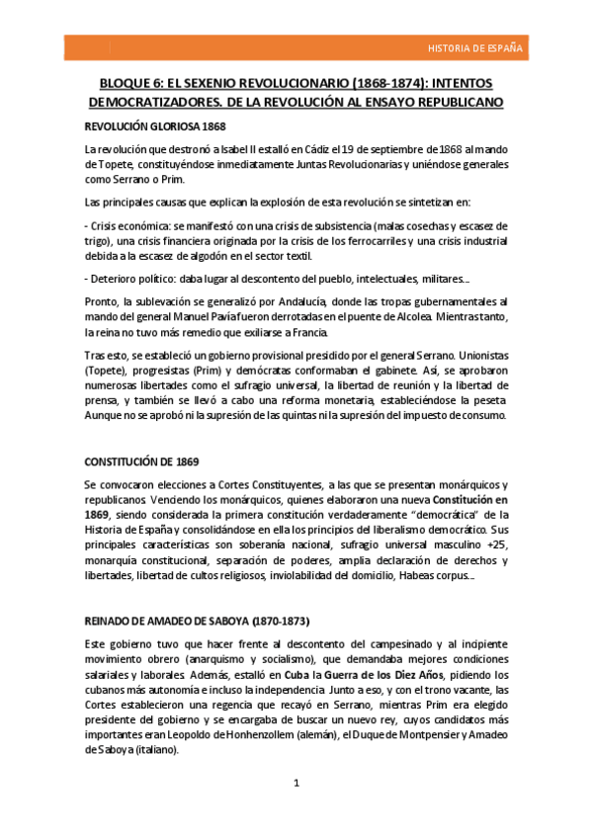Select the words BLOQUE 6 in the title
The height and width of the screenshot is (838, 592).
pyautogui.click(x=133, y=84)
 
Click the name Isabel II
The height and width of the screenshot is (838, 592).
pyautogui.click(x=227, y=149)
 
